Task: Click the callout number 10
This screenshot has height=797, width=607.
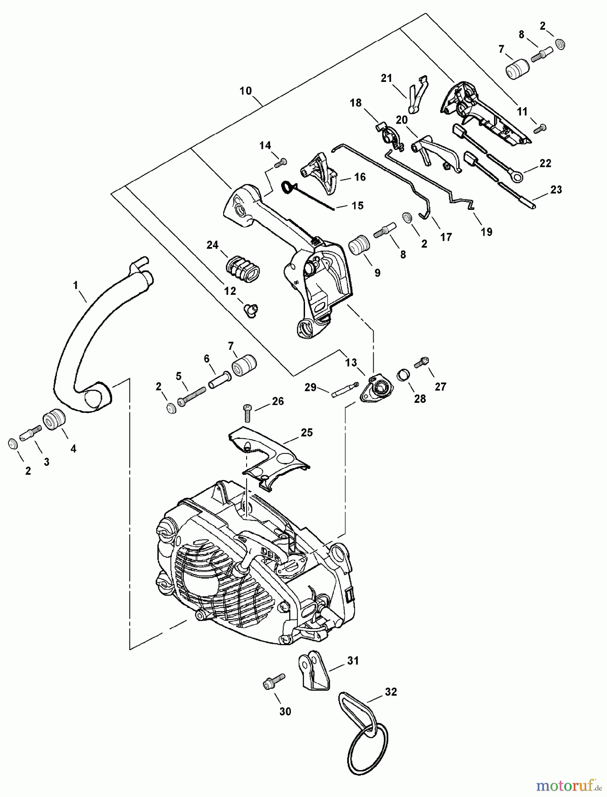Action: point(245,91)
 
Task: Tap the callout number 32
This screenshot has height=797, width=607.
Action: point(391,692)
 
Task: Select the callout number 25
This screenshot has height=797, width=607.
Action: point(307,432)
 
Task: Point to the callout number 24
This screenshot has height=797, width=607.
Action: point(213,245)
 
